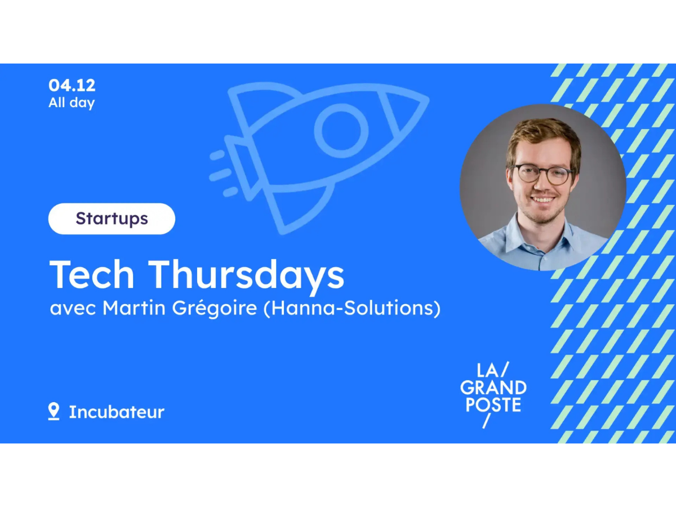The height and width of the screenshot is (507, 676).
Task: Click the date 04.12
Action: click(x=72, y=86)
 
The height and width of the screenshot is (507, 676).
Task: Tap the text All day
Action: click(x=72, y=103)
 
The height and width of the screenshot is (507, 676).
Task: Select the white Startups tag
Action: click(x=112, y=219)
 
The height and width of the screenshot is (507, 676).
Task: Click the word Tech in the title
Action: click(x=92, y=275)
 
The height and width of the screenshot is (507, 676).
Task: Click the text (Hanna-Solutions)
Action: click(x=352, y=309)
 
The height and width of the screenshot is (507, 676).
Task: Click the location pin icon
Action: click(x=54, y=411)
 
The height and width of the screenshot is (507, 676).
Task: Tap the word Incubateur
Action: click(x=117, y=412)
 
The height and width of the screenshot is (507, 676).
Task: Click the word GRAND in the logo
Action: click(x=493, y=388)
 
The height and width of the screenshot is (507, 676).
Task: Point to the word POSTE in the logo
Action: click(x=493, y=404)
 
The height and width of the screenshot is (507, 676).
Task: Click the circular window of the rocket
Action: click(x=341, y=131)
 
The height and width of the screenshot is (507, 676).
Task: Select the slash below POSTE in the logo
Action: click(x=486, y=421)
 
